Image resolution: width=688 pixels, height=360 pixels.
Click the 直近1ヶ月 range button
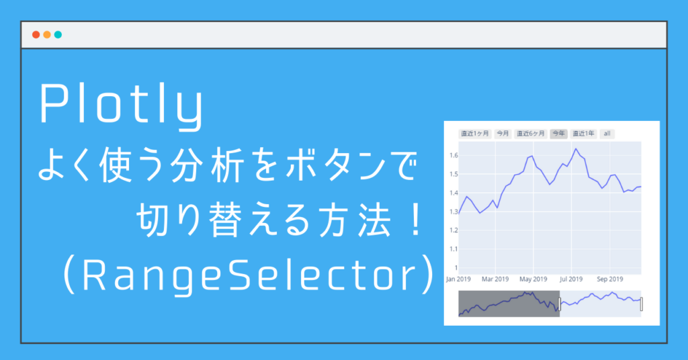[x=474, y=134]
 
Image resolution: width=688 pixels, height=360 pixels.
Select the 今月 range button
[x=503, y=134]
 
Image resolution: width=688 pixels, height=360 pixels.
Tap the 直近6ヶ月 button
[x=530, y=134]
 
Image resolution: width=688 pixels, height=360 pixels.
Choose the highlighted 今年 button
[x=558, y=134]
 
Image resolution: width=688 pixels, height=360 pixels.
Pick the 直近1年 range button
[x=583, y=134]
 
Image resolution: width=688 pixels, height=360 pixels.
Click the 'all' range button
[x=607, y=134]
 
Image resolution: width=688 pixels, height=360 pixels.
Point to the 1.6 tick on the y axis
[x=454, y=155]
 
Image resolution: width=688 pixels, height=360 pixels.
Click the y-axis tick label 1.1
[x=454, y=249]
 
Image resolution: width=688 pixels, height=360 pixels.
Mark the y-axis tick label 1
[x=456, y=268]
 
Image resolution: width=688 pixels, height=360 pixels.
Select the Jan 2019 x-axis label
[x=459, y=279]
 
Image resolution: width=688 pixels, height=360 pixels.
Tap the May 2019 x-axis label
[x=533, y=279]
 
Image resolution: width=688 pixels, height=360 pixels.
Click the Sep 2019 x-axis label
[x=611, y=279]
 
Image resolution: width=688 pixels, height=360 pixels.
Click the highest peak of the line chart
[x=576, y=149]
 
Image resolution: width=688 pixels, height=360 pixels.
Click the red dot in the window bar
[x=36, y=35]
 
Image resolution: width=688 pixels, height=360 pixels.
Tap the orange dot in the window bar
[x=47, y=35]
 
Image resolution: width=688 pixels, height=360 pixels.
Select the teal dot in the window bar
[x=58, y=35]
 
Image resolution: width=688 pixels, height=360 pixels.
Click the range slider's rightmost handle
[x=642, y=304]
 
